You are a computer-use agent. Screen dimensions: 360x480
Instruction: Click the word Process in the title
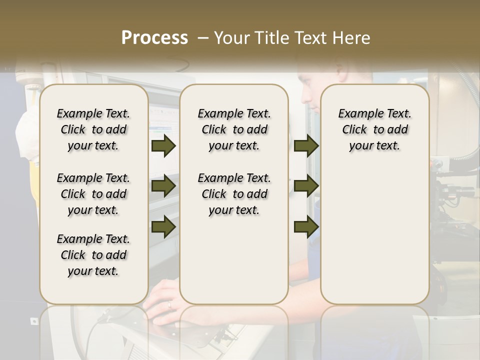click(154, 37)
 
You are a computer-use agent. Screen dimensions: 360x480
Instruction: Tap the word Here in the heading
click(352, 38)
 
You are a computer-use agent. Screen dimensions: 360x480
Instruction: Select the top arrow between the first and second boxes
click(163, 146)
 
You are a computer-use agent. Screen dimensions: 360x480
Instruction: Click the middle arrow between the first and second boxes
click(163, 186)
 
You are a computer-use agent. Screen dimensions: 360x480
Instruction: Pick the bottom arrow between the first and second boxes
click(163, 226)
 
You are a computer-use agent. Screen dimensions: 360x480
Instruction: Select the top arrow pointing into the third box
click(306, 146)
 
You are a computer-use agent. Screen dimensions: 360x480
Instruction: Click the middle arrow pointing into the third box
click(306, 186)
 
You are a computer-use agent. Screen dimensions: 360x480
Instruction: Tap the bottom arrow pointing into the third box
click(306, 226)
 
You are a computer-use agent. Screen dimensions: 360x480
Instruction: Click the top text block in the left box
click(93, 129)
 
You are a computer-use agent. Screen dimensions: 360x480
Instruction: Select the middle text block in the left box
click(93, 194)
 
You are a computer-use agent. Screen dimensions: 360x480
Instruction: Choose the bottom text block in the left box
click(93, 255)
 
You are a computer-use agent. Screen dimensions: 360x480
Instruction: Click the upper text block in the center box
click(234, 129)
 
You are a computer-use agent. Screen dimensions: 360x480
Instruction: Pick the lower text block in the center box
click(234, 194)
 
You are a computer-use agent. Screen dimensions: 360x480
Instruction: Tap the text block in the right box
click(374, 129)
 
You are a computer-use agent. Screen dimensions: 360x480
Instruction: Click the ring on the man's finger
click(169, 303)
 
